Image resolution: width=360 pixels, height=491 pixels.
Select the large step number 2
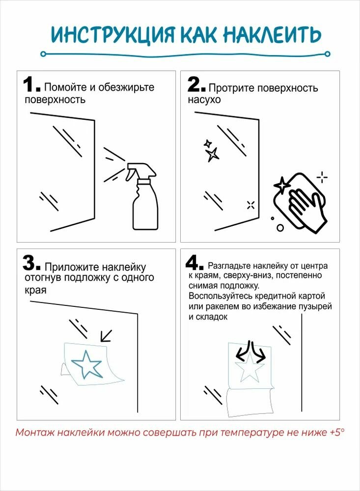pos(196,84)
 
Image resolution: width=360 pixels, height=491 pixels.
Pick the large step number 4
pos(196,263)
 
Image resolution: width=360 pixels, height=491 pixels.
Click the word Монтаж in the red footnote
pos(34,433)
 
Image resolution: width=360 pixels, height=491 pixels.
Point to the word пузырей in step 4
pos(314,306)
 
